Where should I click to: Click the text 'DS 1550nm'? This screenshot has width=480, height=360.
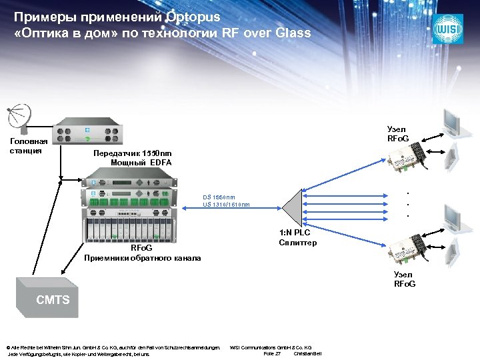point(219,197)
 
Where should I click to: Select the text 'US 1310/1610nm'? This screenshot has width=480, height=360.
point(226,205)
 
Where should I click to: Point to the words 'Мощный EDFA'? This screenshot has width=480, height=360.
point(141,163)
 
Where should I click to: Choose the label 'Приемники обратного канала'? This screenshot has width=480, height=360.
point(142,257)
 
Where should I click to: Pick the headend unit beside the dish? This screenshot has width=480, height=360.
point(87,134)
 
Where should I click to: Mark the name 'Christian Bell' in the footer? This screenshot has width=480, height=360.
point(308,353)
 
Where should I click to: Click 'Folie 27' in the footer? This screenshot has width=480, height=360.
point(272,353)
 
